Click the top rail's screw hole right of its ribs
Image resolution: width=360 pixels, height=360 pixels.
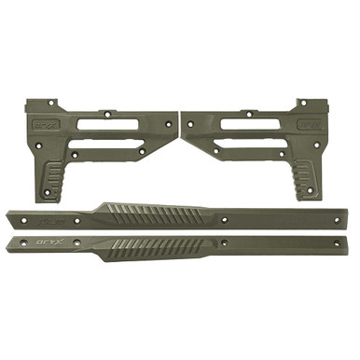coord(227,221)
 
